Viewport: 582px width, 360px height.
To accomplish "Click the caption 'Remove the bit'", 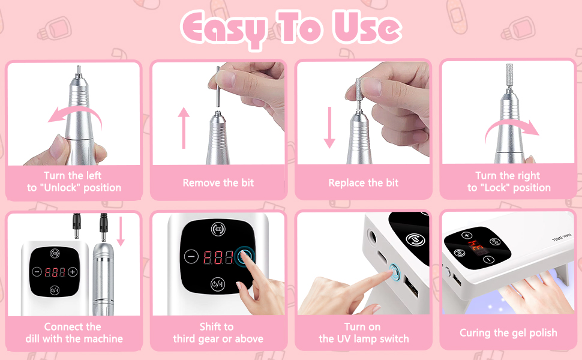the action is point(218,182).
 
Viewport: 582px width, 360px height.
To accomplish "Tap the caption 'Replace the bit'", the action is point(364,182).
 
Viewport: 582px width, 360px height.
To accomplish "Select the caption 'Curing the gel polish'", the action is point(508,333).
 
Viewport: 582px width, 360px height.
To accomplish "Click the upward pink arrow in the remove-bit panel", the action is point(184,128).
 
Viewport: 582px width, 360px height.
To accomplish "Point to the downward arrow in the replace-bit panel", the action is point(329,127).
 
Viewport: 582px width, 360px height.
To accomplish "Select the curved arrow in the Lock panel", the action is point(511,128).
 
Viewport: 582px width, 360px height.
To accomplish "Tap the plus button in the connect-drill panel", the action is point(73,272).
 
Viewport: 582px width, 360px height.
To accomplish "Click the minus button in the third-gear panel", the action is point(191,256).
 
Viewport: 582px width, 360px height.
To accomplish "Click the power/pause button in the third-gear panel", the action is point(218,284).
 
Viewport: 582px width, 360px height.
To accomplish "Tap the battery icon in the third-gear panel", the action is point(218,229).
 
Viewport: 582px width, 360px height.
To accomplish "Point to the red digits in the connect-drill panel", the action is point(55,272).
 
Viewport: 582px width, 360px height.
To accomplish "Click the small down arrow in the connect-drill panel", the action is point(120,232).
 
